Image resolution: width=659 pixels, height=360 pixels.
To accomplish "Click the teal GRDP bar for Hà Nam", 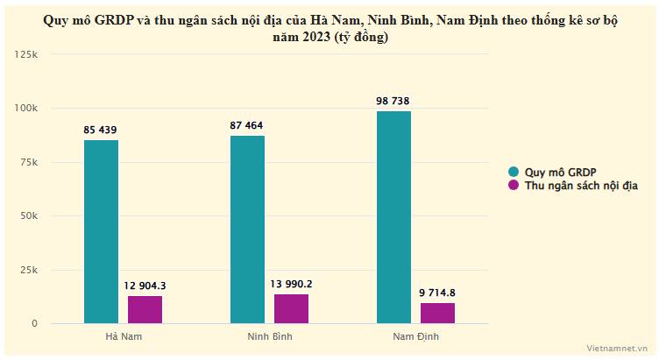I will [101, 232].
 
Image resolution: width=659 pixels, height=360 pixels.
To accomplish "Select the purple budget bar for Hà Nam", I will [145, 309].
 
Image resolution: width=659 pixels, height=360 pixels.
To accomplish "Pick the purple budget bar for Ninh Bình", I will [291, 308].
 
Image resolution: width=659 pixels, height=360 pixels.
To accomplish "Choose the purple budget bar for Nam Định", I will [437, 313].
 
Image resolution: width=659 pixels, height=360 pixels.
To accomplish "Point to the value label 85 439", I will [101, 131].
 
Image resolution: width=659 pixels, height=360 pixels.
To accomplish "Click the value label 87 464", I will [247, 126].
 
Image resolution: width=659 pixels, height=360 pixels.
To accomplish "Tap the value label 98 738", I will [393, 102].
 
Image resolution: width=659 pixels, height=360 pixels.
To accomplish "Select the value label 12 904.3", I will [145, 286].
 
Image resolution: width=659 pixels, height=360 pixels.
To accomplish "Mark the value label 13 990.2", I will [291, 284].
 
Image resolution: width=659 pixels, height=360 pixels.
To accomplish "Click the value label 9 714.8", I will [437, 293].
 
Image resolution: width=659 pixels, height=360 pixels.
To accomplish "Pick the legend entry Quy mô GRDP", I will [560, 172].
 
